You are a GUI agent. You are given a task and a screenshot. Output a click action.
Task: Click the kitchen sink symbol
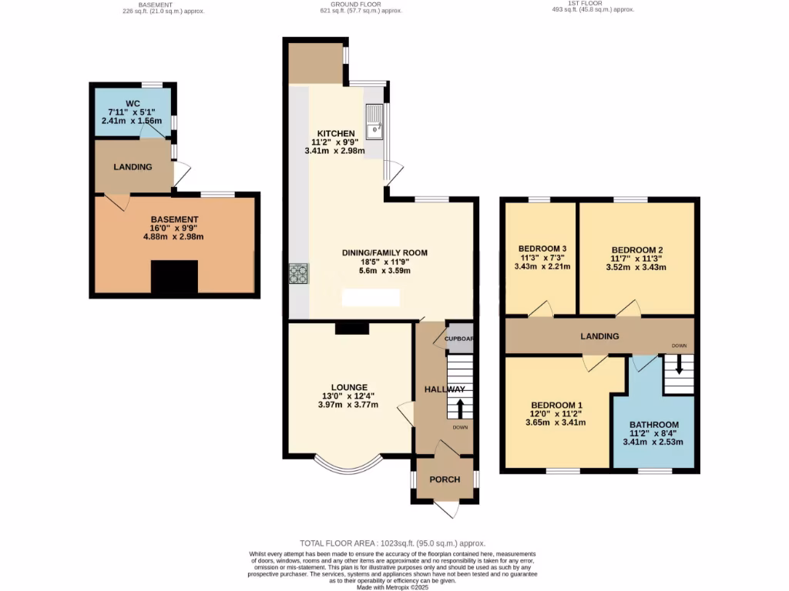tap(374, 124)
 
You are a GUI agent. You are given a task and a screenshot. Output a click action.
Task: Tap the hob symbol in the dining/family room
tap(297, 275)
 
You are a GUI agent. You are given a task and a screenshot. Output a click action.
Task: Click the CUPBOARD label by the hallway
tap(458, 339)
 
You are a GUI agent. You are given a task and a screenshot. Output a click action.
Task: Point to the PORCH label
tap(445, 479)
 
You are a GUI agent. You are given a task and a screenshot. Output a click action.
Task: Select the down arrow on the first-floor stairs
tap(679, 367)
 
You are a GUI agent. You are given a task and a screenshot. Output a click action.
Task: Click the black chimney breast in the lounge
tap(351, 329)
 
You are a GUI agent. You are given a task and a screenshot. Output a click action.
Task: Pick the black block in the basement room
tap(174, 277)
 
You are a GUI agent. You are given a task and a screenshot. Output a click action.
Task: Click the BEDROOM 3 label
tap(542, 248)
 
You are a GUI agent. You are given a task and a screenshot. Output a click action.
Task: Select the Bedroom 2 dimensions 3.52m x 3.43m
tap(637, 267)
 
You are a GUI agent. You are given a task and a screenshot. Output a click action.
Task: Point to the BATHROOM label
tap(653, 425)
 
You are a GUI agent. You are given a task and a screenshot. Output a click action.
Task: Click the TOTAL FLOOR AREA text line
tap(393, 543)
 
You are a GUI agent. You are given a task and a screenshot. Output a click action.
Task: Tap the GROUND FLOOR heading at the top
tap(351, 4)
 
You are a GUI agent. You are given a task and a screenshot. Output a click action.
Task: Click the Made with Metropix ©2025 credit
tap(394, 588)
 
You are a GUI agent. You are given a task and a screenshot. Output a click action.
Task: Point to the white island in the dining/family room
tap(371, 297)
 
